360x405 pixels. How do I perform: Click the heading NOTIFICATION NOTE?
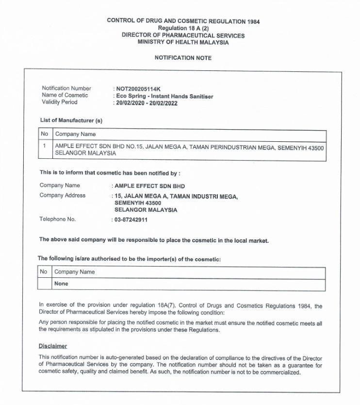pos(183,58)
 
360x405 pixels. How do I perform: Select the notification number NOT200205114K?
pos(138,89)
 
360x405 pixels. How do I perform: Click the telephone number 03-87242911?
pos(131,219)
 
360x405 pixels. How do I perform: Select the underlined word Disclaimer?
pos(53,346)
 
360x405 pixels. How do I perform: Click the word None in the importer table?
pos(61,284)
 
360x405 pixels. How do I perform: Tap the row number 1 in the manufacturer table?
pos(45,146)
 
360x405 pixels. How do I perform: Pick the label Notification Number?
pos(66,88)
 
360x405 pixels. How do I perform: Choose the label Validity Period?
pos(60,102)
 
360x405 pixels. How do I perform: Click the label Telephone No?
pos(58,219)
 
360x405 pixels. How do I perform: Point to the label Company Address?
pos(63,196)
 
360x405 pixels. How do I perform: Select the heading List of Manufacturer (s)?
pos(71,120)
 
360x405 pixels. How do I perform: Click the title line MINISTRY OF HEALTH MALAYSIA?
pos(183,42)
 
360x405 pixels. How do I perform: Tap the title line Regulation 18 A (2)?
pos(183,29)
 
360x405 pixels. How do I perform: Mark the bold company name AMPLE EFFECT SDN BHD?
pos(149,186)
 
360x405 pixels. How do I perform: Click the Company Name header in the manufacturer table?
pos(75,134)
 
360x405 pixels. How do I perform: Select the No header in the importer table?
pos(44,272)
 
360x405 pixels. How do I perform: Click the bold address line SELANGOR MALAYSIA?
pos(146,210)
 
